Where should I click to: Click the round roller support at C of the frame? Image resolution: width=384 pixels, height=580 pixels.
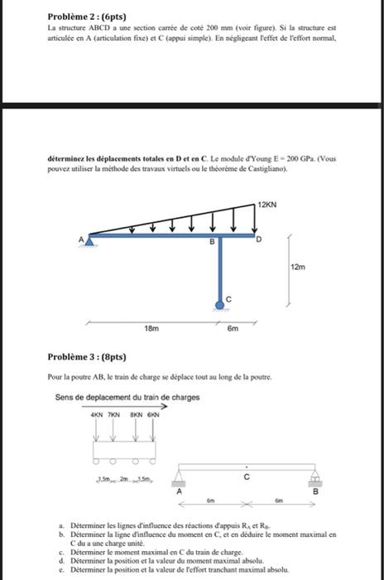[x=220, y=306]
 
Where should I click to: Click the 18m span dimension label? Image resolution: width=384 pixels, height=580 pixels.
[x=151, y=328]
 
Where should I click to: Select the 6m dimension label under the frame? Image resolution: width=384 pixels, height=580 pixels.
[x=233, y=328]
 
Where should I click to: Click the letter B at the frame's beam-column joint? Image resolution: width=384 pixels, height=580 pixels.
[x=211, y=242]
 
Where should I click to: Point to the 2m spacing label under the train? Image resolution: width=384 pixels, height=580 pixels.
[x=125, y=480]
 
